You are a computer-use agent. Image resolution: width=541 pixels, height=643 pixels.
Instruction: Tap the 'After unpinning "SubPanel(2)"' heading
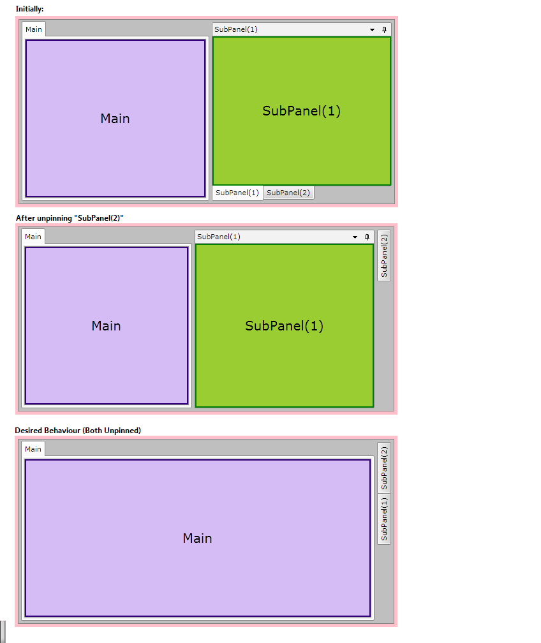coord(70,218)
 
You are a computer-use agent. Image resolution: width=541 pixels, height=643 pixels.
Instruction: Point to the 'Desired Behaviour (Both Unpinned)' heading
coord(78,431)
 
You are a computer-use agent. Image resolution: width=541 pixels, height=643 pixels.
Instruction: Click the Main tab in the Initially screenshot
coord(34,29)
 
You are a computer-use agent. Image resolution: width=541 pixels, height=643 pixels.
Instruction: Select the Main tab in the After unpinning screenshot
coord(33,237)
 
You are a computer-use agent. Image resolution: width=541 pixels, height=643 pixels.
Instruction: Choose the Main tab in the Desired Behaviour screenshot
coord(33,449)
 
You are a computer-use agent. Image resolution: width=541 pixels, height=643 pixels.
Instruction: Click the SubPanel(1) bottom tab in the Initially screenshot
coord(237,193)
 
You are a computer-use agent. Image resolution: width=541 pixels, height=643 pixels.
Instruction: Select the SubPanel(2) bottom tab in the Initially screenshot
coord(288,193)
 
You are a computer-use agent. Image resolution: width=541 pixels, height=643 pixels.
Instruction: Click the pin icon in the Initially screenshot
coord(384,29)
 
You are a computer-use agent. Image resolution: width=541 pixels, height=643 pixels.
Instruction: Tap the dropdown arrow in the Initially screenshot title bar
coord(373,30)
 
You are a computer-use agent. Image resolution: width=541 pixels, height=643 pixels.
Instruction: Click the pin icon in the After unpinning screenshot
coord(367,237)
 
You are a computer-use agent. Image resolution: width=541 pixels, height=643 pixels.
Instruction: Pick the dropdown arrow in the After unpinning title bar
coord(355,237)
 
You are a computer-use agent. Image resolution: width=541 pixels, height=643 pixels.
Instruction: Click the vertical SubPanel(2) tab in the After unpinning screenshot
coord(384,255)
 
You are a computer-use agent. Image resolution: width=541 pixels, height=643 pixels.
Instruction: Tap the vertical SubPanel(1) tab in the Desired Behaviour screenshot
coord(384,519)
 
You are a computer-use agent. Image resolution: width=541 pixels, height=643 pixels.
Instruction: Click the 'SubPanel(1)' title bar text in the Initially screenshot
coord(236,29)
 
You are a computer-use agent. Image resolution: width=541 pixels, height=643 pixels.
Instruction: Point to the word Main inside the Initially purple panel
coord(115,119)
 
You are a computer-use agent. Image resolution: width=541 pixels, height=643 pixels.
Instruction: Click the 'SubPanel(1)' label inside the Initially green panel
coord(302,111)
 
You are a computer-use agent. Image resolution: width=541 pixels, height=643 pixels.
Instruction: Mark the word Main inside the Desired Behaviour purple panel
coord(197,538)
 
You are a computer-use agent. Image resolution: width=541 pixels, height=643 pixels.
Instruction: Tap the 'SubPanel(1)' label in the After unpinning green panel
coord(285,326)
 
